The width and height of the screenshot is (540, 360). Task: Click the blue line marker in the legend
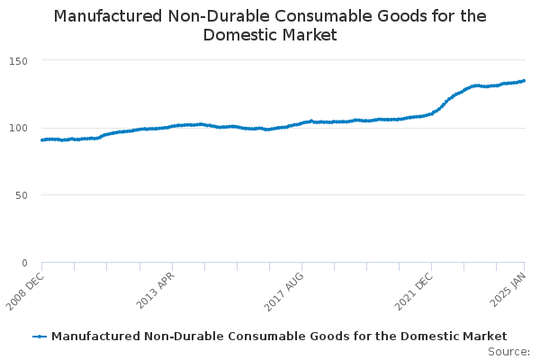[40, 337]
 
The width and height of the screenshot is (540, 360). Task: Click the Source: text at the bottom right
[508, 352]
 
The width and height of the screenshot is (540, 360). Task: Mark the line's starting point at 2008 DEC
[42, 140]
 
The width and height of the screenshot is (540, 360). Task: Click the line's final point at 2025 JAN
[524, 81]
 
